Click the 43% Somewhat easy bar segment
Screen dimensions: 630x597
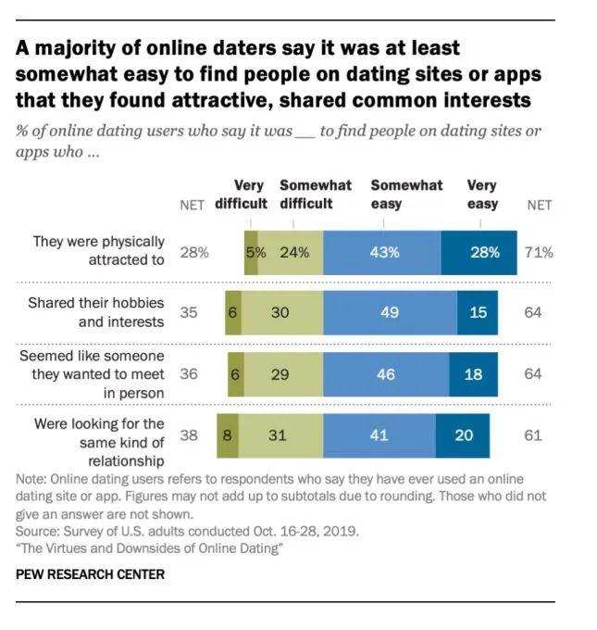(382, 252)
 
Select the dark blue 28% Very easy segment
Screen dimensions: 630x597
(479, 252)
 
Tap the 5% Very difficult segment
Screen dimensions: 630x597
(251, 252)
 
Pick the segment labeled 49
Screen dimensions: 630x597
(390, 313)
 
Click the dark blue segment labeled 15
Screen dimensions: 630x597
(477, 313)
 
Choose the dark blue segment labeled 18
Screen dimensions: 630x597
(472, 374)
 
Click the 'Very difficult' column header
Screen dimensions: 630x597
(242, 195)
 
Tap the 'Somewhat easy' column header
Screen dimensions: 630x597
(406, 195)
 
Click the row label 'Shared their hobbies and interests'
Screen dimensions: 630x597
(96, 312)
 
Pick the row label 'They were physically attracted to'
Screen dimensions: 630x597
(98, 251)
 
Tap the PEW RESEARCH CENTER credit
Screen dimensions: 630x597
(90, 574)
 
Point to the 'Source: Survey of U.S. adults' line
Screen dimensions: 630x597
(186, 533)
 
